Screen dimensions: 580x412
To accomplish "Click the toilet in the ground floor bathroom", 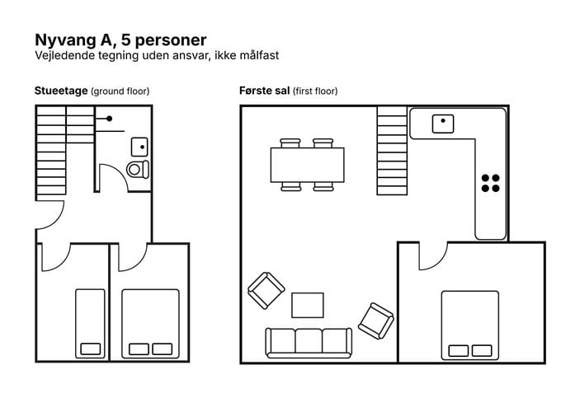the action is pos(138,170).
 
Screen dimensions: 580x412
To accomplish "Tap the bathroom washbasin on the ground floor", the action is pos(139,147).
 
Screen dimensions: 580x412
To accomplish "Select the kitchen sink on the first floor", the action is pos(443,124).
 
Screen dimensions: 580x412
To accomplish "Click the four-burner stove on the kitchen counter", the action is pos(491,183).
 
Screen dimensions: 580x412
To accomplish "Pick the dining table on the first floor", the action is pos(308,165).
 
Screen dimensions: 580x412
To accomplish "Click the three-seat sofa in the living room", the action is pos(309,343).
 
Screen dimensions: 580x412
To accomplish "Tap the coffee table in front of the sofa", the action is pos(308,305).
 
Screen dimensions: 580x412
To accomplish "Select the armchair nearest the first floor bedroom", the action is pos(376,321).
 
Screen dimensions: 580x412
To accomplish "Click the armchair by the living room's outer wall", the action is pos(266,290).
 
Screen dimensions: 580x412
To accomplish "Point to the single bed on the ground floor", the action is pos(90,324).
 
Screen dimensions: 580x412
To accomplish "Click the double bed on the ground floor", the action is pos(150,324).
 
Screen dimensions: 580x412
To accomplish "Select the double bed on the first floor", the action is pos(470,325).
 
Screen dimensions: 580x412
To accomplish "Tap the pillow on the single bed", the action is pos(91,349).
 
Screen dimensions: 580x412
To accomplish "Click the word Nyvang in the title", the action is pos(65,40).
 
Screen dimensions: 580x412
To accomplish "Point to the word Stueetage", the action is pos(61,91).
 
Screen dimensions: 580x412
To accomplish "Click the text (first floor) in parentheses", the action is pos(315,91).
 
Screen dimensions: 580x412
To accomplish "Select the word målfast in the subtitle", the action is pos(259,55).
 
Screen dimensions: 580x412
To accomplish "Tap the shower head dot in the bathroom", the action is pos(110,119).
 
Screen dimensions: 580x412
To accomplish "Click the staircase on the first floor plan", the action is pos(392,151).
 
